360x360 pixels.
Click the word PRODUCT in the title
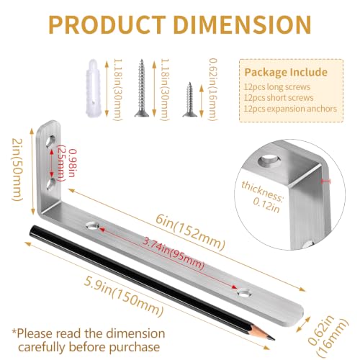[107, 24]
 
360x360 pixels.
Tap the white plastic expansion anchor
[93, 88]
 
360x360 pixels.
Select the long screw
[142, 88]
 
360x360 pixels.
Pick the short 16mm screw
[190, 99]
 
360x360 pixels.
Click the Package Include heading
[286, 72]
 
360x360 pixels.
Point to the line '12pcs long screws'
[277, 87]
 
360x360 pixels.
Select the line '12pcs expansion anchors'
[290, 109]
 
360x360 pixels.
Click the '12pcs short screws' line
[279, 98]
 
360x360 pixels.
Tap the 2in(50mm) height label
[17, 170]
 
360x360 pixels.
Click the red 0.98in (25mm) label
[66, 163]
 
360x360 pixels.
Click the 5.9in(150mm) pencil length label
[124, 297]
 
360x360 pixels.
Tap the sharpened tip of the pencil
[274, 340]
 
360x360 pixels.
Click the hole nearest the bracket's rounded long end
[244, 293]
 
